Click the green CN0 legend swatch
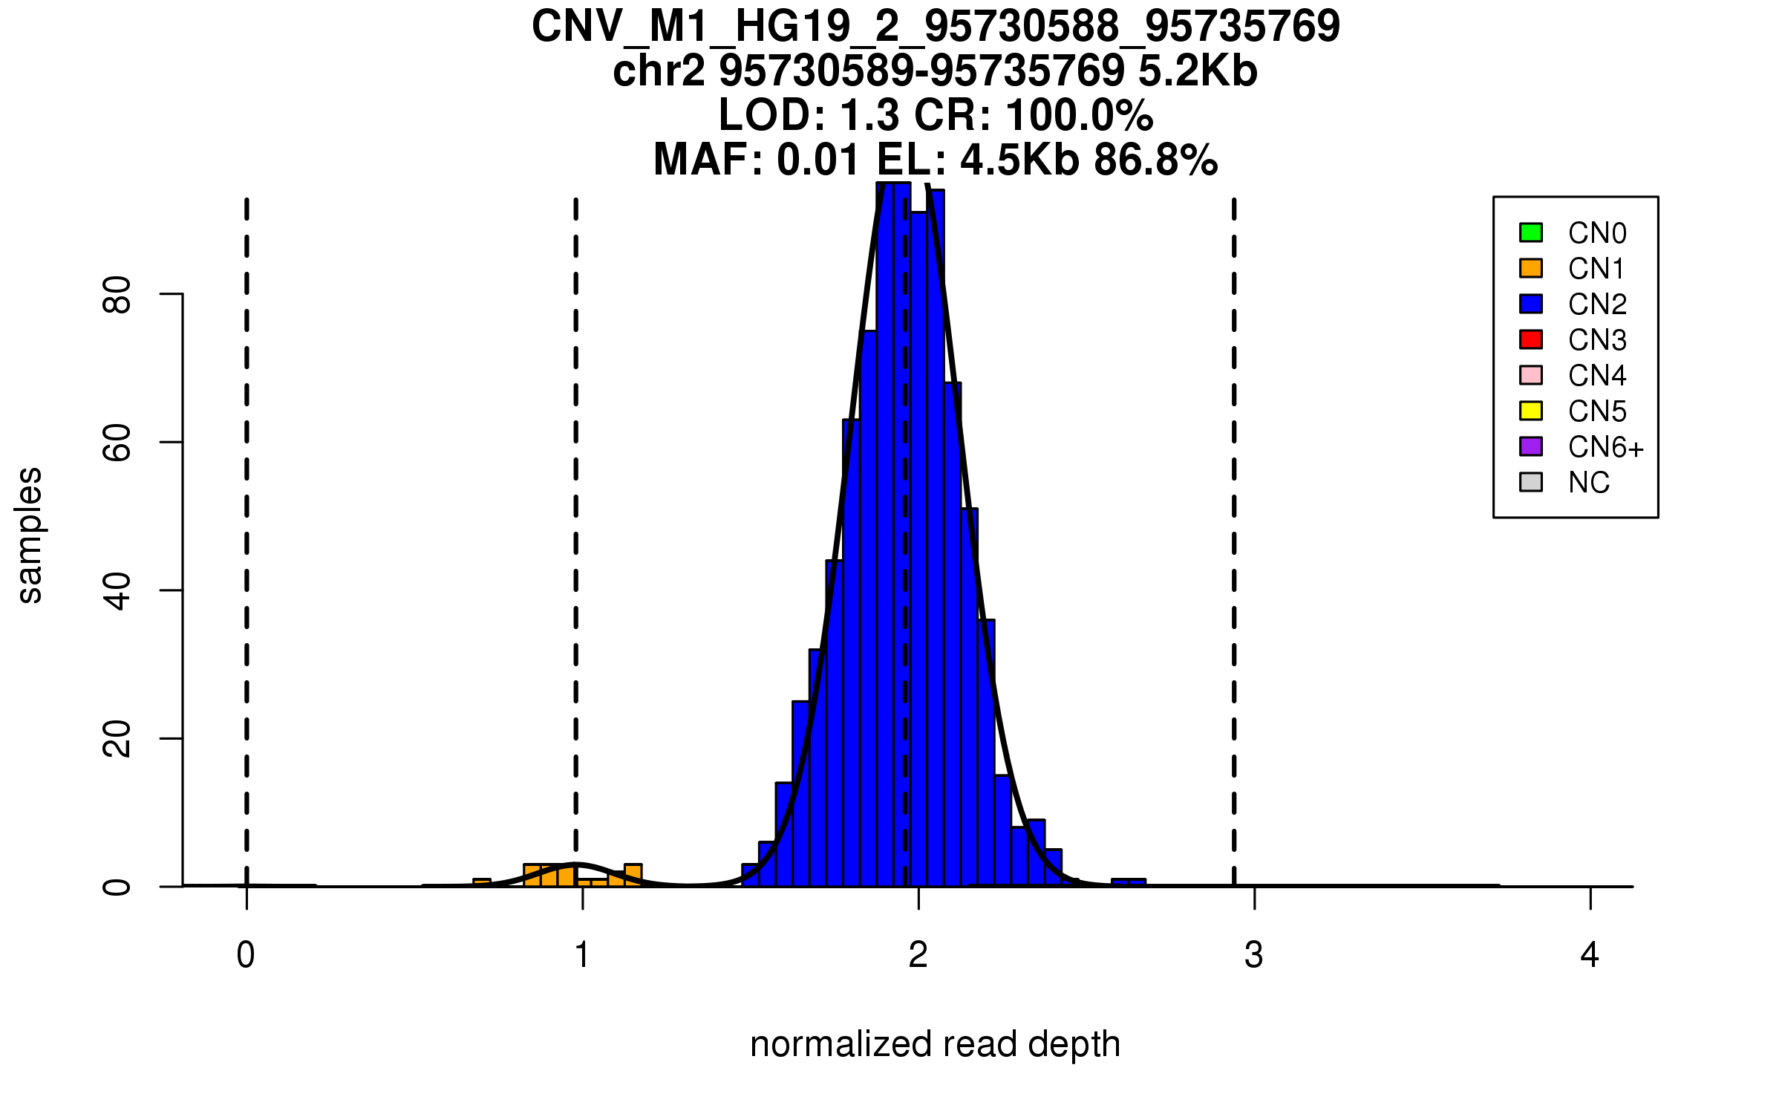(1531, 232)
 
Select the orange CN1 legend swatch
(1531, 268)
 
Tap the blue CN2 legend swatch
(1531, 304)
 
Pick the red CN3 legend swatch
(1531, 339)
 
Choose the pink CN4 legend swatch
(1531, 375)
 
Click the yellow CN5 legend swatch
(1531, 411)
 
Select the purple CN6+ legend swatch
(1531, 446)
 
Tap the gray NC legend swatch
(1531, 482)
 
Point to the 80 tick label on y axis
(117, 295)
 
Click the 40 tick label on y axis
(117, 591)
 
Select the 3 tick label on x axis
(1254, 955)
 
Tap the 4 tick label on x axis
(1590, 955)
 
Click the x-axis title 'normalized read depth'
(935, 1044)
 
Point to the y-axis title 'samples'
(30, 535)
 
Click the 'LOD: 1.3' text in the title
(809, 116)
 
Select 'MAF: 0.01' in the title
(757, 160)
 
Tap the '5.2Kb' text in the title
(1198, 72)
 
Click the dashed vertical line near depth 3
(1234, 520)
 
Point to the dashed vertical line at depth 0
(247, 520)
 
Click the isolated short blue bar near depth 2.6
(1129, 882)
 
